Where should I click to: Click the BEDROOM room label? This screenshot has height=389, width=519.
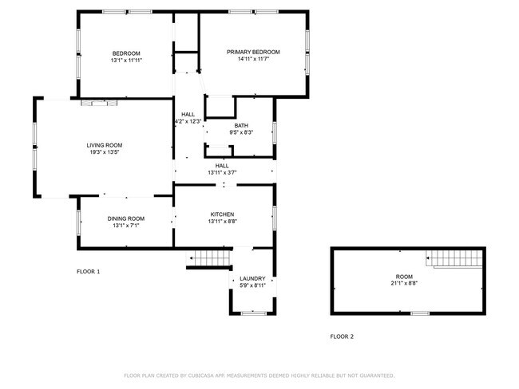126,53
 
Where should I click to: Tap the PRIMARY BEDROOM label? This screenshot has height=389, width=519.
253,52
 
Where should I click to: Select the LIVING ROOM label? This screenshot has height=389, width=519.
105,145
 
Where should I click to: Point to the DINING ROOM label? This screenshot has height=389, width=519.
126,218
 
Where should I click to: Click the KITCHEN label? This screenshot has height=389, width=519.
222,214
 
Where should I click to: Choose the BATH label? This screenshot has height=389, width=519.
241,126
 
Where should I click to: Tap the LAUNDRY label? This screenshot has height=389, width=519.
252,278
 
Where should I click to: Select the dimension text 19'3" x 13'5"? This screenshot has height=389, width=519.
105,152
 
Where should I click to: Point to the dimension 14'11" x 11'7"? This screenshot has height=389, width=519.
253,59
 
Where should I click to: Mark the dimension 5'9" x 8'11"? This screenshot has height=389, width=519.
252,285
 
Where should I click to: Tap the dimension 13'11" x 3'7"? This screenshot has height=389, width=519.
222,172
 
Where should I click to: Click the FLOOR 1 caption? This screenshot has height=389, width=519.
88,271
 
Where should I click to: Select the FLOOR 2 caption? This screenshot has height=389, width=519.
342,336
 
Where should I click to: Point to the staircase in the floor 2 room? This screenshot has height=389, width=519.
456,258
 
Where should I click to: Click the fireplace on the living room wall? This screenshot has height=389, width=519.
100,102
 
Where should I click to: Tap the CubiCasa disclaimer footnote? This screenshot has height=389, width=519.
259,375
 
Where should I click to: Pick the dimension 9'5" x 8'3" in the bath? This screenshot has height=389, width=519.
241,132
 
